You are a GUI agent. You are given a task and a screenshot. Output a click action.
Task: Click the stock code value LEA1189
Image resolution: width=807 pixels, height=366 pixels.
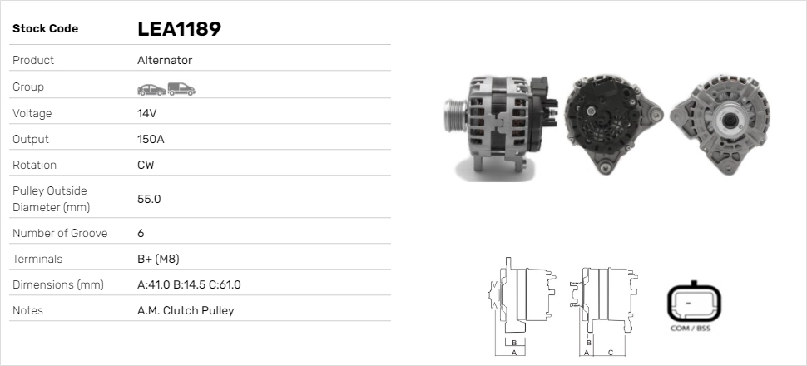click(179, 29)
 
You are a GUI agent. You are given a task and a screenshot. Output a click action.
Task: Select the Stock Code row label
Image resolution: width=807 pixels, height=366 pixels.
click(45, 29)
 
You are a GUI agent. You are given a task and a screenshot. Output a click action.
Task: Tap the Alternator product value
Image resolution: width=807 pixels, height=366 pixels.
click(165, 60)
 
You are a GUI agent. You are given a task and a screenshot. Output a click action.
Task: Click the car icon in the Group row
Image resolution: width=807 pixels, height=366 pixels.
click(151, 90)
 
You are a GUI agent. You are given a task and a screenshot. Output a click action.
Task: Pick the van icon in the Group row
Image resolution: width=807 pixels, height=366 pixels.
click(181, 89)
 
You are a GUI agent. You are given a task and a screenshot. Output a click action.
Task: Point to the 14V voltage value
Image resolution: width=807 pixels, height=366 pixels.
click(146, 113)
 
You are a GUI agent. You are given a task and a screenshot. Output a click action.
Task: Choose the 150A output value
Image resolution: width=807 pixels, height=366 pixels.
click(151, 139)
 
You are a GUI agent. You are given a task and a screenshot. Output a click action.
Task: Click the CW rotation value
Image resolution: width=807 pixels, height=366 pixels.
click(146, 165)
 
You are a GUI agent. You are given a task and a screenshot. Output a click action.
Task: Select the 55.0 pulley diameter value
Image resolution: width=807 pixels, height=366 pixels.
click(149, 199)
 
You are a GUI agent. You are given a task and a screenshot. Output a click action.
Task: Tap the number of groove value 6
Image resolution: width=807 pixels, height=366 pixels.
click(141, 233)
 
